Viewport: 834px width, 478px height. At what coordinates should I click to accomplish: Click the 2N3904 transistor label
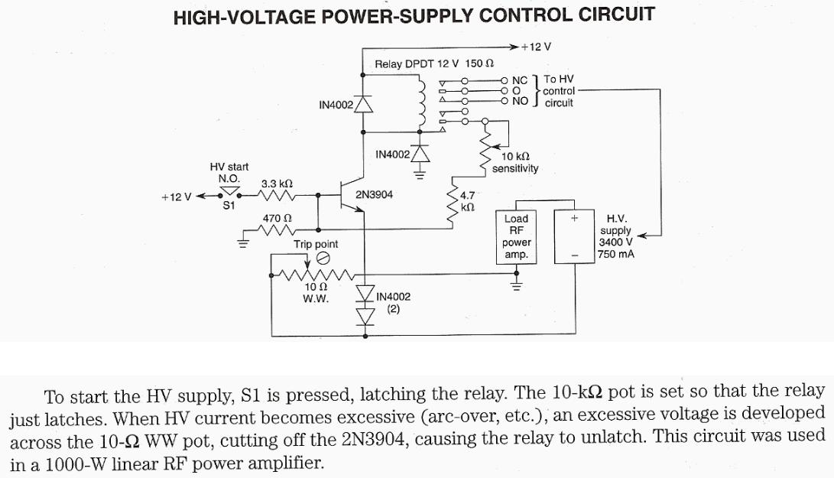[374, 195]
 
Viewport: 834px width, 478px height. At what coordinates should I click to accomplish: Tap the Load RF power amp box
[516, 237]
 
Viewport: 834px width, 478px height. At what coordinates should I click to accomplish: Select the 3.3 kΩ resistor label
[277, 184]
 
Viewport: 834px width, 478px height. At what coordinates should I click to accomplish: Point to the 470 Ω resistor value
[277, 218]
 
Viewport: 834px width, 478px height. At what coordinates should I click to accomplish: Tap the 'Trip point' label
[316, 244]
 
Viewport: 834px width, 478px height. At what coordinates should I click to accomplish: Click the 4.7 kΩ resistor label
[468, 201]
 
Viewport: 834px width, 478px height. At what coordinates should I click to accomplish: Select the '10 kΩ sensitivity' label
[514, 162]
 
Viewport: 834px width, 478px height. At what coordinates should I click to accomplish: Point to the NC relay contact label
[520, 80]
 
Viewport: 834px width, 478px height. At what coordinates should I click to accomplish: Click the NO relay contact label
[520, 100]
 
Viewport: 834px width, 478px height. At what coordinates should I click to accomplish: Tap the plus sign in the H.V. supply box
[575, 219]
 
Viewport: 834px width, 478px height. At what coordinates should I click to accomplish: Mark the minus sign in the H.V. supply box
[575, 255]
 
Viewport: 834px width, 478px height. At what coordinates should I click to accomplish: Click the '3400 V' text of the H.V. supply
[615, 242]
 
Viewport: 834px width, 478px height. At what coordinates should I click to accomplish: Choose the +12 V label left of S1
[176, 197]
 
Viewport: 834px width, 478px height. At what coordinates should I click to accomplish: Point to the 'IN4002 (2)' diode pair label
[392, 303]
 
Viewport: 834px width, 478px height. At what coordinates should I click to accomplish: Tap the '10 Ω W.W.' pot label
[316, 293]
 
